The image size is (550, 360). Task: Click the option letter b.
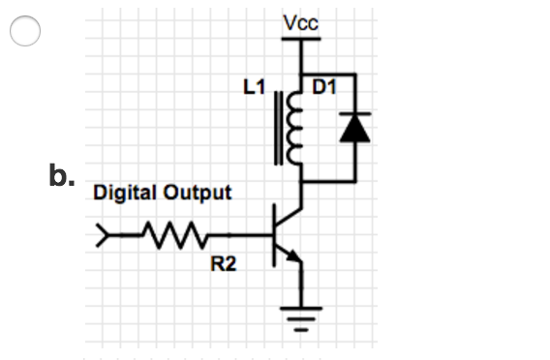coord(60,177)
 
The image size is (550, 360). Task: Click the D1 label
coord(324,88)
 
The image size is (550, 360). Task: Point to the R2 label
coord(223,265)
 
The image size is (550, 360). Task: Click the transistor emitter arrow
coord(293,255)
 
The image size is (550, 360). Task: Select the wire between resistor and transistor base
coord(237,234)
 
